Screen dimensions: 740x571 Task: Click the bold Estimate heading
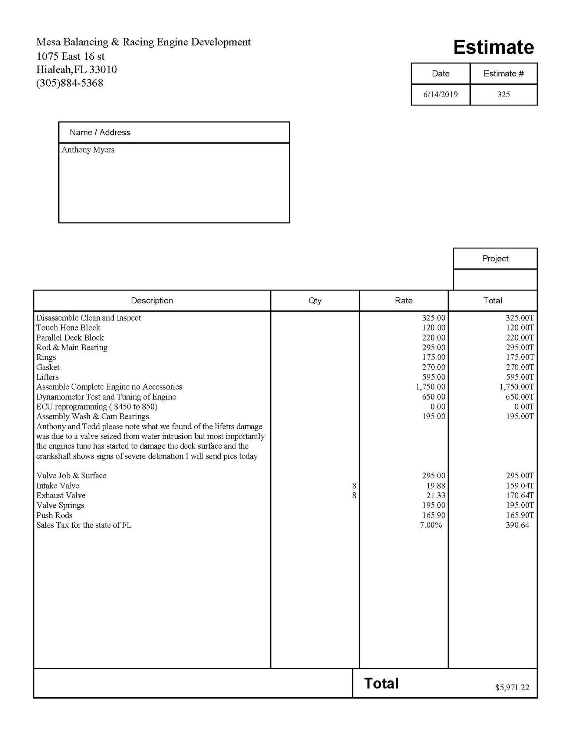pyautogui.click(x=493, y=48)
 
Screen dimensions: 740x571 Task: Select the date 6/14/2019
pyautogui.click(x=440, y=94)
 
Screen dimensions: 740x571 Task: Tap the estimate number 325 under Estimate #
pyautogui.click(x=503, y=94)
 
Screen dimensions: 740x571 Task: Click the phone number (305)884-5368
pyautogui.click(x=70, y=83)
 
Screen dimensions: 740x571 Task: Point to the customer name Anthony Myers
pyautogui.click(x=88, y=150)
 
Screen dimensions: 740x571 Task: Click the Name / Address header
pyautogui.click(x=100, y=133)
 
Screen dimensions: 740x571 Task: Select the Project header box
pyautogui.click(x=495, y=258)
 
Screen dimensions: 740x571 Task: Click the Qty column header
pyautogui.click(x=315, y=300)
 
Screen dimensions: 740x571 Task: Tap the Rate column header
pyautogui.click(x=403, y=300)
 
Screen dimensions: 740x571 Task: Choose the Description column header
pyautogui.click(x=152, y=300)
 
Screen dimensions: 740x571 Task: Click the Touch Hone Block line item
pyautogui.click(x=68, y=327)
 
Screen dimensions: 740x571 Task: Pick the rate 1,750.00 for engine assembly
pyautogui.click(x=430, y=387)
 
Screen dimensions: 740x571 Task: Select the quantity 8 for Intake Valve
pyautogui.click(x=354, y=486)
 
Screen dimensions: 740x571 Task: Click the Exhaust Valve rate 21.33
pyautogui.click(x=436, y=495)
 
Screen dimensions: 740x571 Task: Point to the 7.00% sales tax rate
pyautogui.click(x=431, y=525)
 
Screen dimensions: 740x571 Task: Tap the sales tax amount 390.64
pyautogui.click(x=517, y=525)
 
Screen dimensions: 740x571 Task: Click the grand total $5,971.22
pyautogui.click(x=512, y=688)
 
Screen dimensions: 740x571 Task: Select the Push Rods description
pyautogui.click(x=54, y=515)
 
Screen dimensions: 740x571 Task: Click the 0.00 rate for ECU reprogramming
pyautogui.click(x=438, y=407)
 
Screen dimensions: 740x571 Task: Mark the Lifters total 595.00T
pyautogui.click(x=520, y=377)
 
